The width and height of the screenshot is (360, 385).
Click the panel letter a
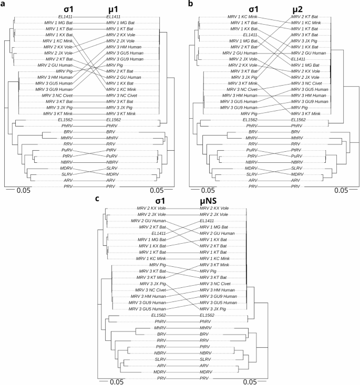[3, 4]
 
